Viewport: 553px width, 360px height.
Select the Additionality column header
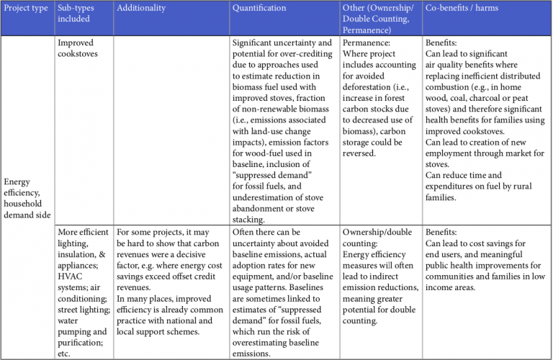[141, 8]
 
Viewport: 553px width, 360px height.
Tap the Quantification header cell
[258, 8]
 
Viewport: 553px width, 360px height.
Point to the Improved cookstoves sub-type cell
[78, 48]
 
